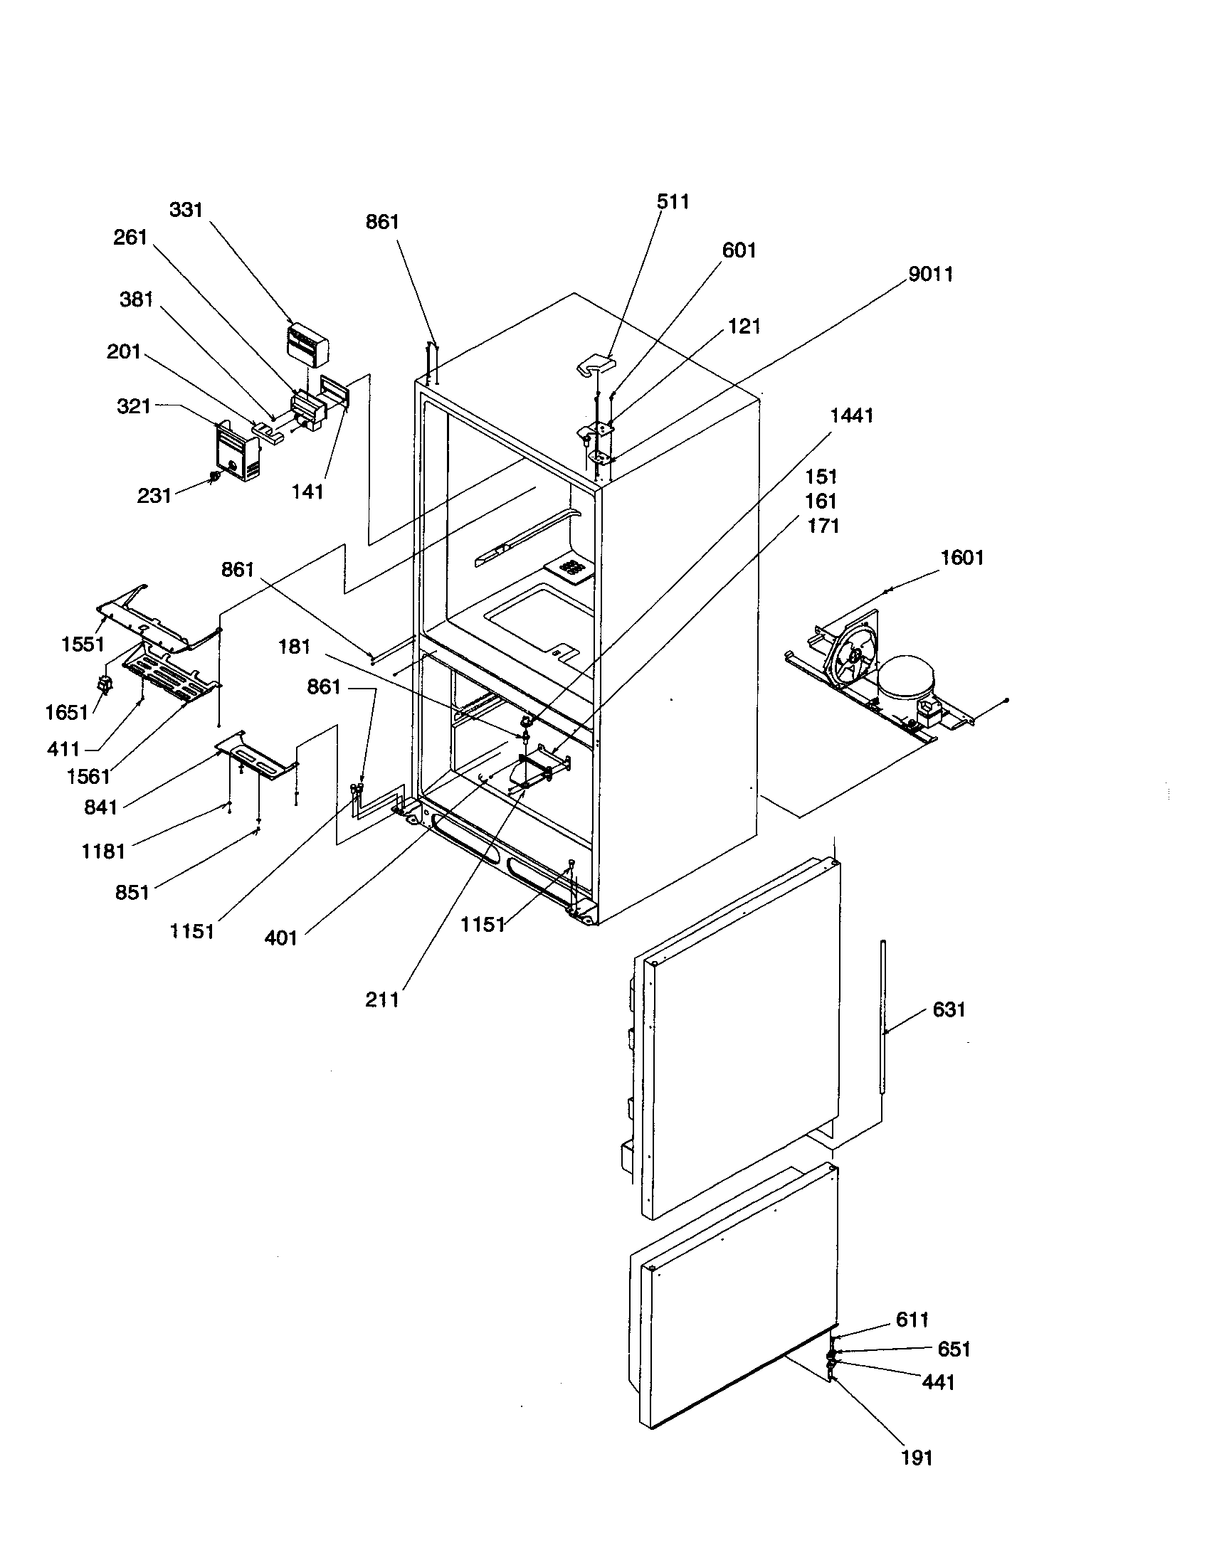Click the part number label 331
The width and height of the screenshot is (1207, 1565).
tap(186, 210)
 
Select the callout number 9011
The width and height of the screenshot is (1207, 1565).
tap(930, 275)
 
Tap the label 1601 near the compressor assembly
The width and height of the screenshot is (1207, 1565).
tap(961, 558)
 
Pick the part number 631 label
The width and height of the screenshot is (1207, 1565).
tap(949, 1009)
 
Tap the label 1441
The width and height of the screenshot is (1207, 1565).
tap(851, 415)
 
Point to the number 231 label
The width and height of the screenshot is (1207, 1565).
tap(154, 495)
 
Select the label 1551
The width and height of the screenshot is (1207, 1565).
tap(83, 644)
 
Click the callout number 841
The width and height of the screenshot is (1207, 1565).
tap(100, 807)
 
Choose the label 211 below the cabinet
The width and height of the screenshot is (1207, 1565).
tap(381, 999)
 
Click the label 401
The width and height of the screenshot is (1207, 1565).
tap(280, 938)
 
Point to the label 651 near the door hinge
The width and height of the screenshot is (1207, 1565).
tap(953, 1349)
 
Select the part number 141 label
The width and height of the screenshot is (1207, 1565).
tap(307, 492)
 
